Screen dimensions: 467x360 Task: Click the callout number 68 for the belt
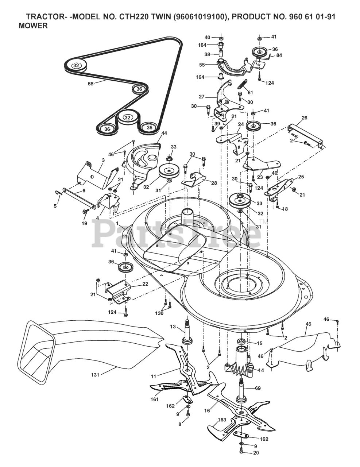tap(90, 84)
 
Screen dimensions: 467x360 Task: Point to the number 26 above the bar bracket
tap(305, 118)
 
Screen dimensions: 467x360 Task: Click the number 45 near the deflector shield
tap(308, 324)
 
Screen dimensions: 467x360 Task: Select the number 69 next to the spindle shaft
tap(258, 389)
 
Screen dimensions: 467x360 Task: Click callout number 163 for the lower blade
tap(222, 420)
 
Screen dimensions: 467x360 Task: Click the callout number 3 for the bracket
tap(103, 160)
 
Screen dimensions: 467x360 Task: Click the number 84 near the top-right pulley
tap(279, 55)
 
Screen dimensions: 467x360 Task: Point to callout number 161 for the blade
tap(155, 400)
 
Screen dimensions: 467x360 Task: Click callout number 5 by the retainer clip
tap(55, 206)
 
